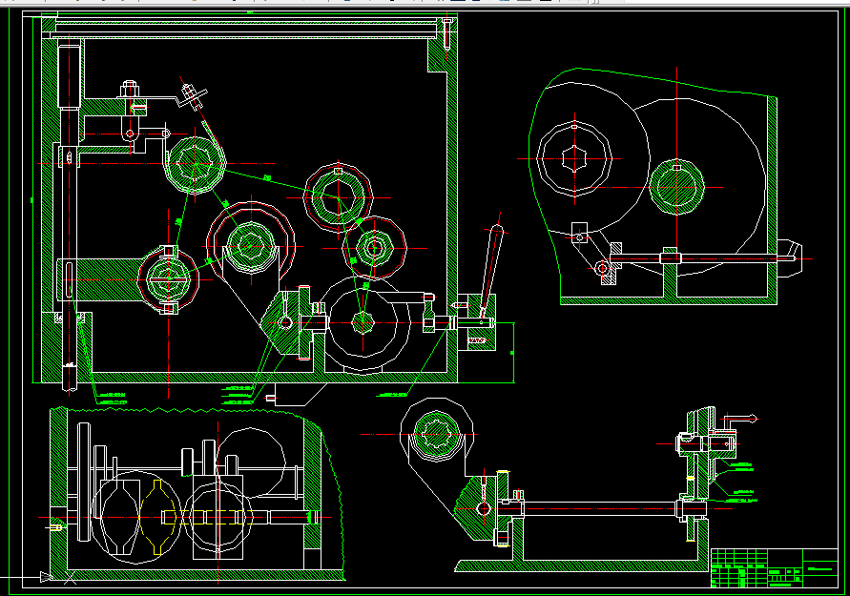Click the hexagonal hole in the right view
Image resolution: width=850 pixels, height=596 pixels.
[x=574, y=158]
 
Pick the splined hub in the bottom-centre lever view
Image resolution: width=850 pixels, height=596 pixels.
[x=439, y=435]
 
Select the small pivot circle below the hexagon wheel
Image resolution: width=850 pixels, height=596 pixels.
[x=603, y=270]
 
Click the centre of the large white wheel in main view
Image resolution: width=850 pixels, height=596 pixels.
[x=363, y=322]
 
